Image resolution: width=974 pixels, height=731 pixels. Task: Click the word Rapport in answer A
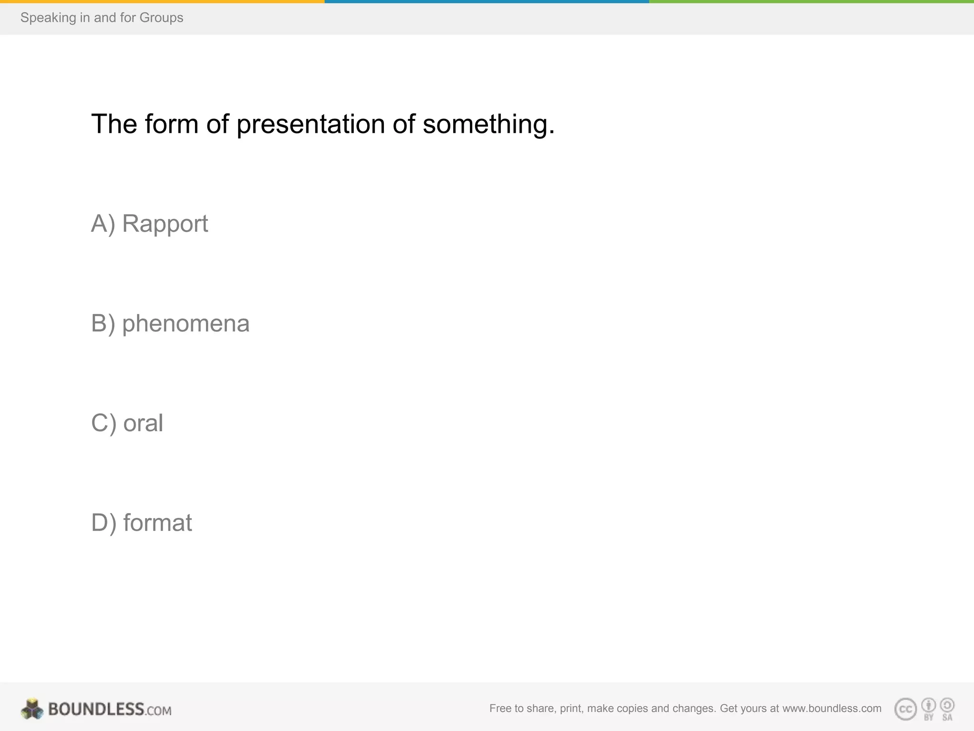165,224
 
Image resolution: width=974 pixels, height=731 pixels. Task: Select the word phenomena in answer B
185,324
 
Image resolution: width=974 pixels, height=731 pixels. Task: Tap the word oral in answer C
143,423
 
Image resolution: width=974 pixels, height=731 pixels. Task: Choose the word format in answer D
157,523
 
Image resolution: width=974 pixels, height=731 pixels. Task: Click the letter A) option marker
103,224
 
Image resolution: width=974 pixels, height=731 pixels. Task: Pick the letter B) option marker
103,324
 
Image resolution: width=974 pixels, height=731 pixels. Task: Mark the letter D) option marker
104,523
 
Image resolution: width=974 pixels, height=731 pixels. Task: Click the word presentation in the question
311,124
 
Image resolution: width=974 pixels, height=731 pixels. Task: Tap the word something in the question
488,124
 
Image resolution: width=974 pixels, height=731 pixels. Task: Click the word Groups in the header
161,18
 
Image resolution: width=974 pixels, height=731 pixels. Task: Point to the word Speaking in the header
48,18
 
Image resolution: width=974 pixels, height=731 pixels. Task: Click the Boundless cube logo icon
32,709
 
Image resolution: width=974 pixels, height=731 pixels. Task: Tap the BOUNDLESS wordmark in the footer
96,709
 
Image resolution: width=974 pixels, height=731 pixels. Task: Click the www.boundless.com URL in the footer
832,708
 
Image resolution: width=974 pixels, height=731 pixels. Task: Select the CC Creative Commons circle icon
906,709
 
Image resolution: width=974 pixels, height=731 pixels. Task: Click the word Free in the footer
500,708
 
